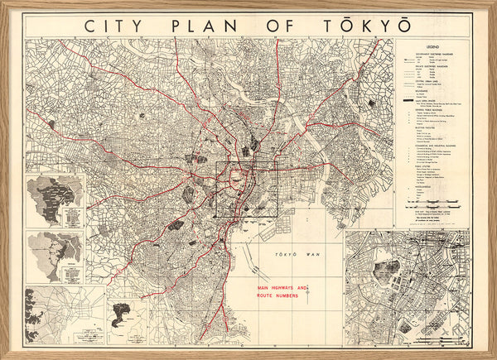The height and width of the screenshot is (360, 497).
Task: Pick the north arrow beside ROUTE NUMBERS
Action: [x=307, y=291]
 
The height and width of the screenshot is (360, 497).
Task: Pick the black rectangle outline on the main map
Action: [x=247, y=189]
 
